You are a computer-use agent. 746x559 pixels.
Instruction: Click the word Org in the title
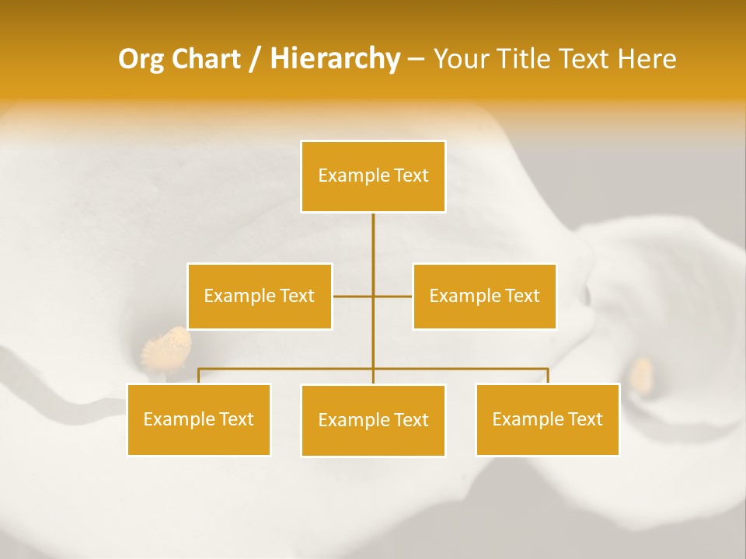click(x=141, y=59)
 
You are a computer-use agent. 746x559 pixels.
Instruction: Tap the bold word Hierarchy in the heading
click(x=334, y=59)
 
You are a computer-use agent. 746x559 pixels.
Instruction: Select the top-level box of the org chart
click(x=373, y=176)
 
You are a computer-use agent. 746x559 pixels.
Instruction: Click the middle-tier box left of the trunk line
click(x=260, y=296)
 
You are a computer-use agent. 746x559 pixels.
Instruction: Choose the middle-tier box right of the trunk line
click(x=484, y=296)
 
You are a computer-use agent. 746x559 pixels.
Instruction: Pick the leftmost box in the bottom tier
click(x=199, y=419)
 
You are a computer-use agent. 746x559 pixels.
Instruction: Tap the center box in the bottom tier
click(x=373, y=420)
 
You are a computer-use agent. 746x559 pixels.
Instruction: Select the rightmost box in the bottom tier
click(x=547, y=419)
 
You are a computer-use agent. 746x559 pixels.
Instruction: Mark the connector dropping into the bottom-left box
click(x=199, y=376)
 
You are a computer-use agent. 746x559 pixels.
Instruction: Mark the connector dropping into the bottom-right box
click(x=547, y=376)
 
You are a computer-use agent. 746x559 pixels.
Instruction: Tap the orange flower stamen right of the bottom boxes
click(x=643, y=373)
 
